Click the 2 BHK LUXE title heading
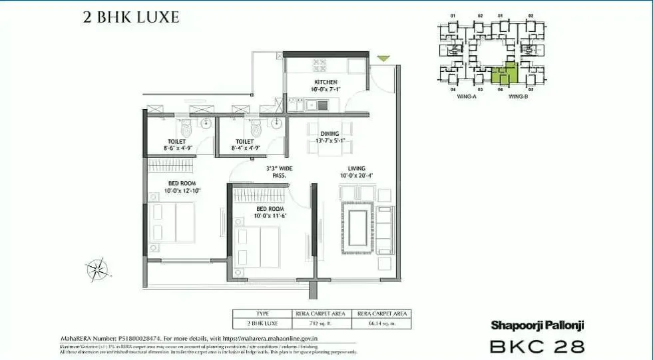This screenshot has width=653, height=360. pos(131,17)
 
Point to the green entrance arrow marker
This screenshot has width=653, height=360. pos(381,59)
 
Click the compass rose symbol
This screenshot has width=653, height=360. pos(98,269)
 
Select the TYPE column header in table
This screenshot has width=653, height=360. pos(262,313)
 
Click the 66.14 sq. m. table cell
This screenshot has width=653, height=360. pos(382,323)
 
